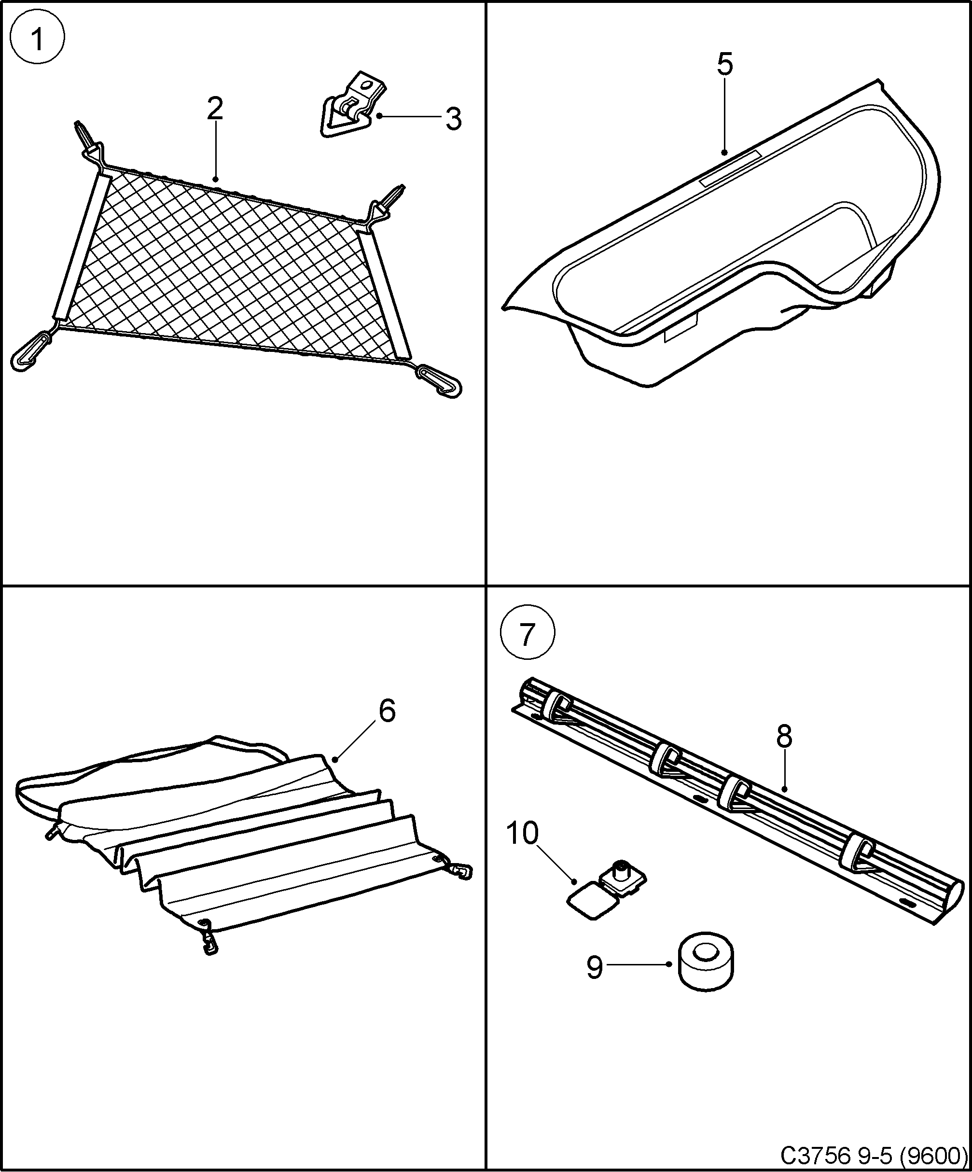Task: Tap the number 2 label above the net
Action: point(215,108)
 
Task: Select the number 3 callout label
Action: point(453,119)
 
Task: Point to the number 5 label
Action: point(724,65)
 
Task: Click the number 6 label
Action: point(387,712)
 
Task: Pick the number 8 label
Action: point(784,737)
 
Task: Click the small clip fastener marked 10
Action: point(608,893)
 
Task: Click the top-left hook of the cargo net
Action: point(86,140)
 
